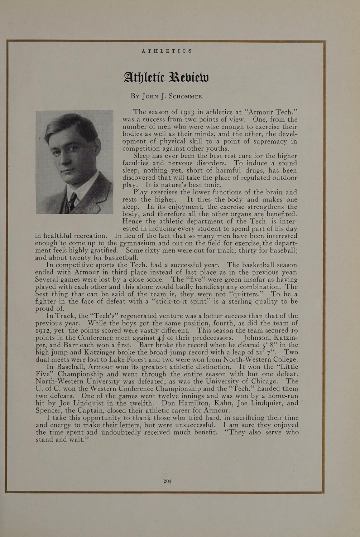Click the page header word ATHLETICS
click(x=167, y=51)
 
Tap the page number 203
click(x=167, y=481)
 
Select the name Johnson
click(x=256, y=338)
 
